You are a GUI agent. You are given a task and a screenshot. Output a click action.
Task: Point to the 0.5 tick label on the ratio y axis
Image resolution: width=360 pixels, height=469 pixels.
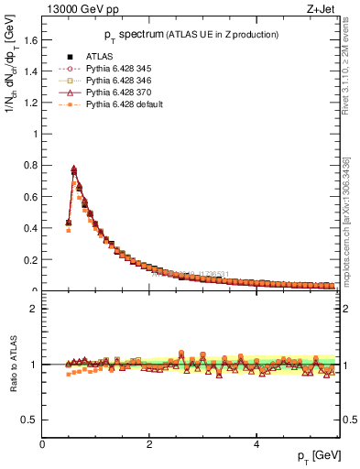coord(30,420)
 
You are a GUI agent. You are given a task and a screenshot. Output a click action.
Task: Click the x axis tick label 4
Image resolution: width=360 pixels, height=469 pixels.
coord(256,444)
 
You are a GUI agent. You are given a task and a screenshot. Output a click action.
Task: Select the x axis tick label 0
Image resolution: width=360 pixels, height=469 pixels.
coord(42,444)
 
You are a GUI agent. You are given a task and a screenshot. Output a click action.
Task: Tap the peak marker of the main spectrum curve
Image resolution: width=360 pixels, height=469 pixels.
coord(73,169)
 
